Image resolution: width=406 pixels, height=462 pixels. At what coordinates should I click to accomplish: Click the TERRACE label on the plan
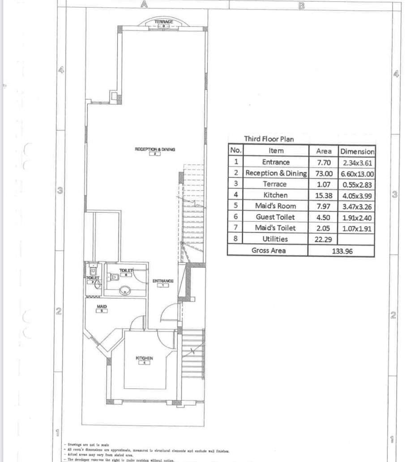click(163, 21)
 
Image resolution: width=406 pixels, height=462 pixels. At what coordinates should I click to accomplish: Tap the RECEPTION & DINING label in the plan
click(154, 149)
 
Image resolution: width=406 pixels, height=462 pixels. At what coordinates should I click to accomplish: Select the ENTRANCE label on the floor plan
click(163, 281)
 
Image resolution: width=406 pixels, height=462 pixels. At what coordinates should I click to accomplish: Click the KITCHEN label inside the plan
click(145, 358)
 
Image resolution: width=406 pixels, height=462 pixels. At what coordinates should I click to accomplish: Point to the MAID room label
click(102, 307)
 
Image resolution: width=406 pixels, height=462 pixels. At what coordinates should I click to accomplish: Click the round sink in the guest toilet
click(125, 291)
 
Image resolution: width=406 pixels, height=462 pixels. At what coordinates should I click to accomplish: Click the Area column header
click(324, 151)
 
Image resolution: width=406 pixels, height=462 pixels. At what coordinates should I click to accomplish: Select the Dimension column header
click(357, 151)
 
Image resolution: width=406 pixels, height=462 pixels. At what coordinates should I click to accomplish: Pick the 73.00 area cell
click(324, 173)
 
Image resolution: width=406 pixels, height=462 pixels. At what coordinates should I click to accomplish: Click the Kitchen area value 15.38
click(324, 195)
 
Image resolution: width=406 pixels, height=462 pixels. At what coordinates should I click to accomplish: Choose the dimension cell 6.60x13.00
click(357, 173)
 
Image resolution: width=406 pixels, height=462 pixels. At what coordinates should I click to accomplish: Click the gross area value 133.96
click(341, 251)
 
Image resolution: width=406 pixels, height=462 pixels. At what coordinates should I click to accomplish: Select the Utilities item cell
click(275, 239)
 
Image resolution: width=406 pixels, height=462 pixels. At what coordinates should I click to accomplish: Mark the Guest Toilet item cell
click(275, 217)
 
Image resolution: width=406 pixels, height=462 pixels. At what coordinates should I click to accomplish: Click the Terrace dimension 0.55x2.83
click(357, 184)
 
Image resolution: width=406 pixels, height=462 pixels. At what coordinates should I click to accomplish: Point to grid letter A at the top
click(144, 5)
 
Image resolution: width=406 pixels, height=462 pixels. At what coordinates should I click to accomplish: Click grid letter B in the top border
click(301, 5)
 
